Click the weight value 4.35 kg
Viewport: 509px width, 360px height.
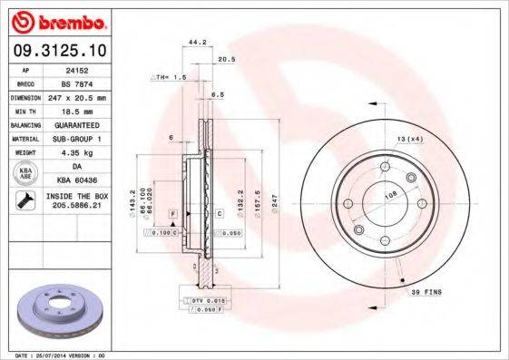76,152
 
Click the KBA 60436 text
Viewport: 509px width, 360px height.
76,181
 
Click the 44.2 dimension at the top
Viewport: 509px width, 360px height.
193,42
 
